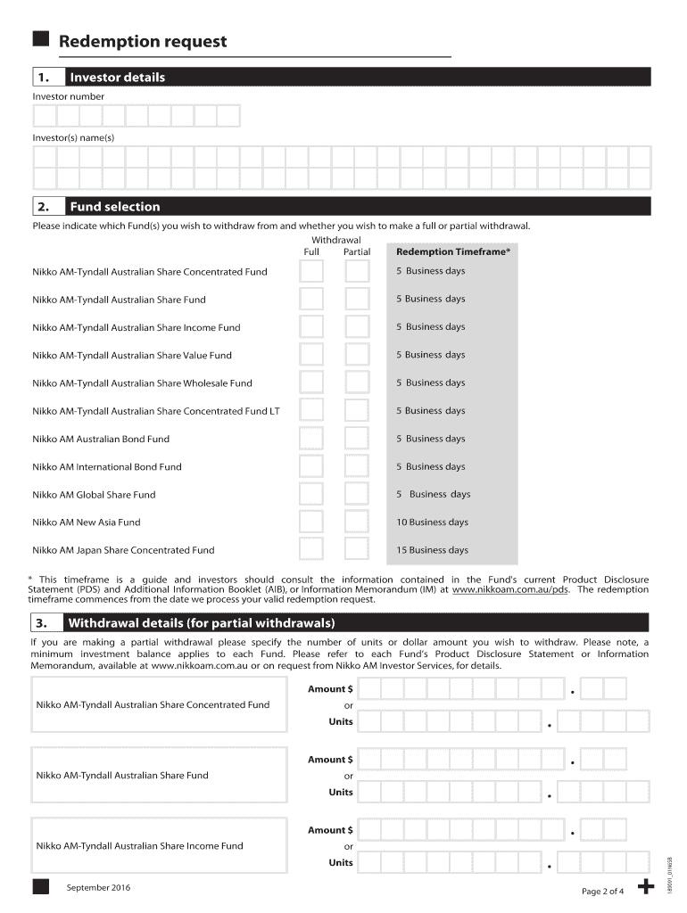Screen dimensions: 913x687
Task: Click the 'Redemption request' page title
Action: tap(143, 42)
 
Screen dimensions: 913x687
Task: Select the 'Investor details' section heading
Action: tap(118, 78)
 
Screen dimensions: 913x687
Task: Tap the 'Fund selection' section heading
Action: tap(115, 207)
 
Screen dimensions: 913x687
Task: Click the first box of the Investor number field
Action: tap(45, 116)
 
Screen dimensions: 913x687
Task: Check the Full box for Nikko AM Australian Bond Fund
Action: tap(311, 439)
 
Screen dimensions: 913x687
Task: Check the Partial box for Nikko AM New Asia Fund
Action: tap(357, 522)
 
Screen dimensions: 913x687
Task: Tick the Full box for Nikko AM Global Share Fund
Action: tap(311, 495)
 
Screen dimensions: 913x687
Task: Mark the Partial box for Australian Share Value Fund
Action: tap(357, 355)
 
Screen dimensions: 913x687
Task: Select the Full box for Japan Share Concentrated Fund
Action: tap(311, 550)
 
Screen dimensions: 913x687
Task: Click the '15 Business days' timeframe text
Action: tap(433, 550)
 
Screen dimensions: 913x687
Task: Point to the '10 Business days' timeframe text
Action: tap(433, 522)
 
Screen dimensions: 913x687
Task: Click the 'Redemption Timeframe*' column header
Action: tap(453, 252)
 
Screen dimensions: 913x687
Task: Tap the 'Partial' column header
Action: tap(357, 252)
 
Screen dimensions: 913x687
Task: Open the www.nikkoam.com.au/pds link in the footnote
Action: tap(510, 590)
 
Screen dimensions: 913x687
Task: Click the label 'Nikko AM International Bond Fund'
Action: tap(107, 467)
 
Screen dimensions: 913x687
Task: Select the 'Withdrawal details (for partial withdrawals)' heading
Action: tap(201, 622)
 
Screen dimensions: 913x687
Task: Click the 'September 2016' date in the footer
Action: tap(98, 888)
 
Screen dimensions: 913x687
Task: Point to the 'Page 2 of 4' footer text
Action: tap(603, 892)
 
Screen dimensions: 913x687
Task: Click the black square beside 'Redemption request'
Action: tap(41, 39)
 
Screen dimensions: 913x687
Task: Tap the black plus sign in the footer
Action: tap(649, 887)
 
